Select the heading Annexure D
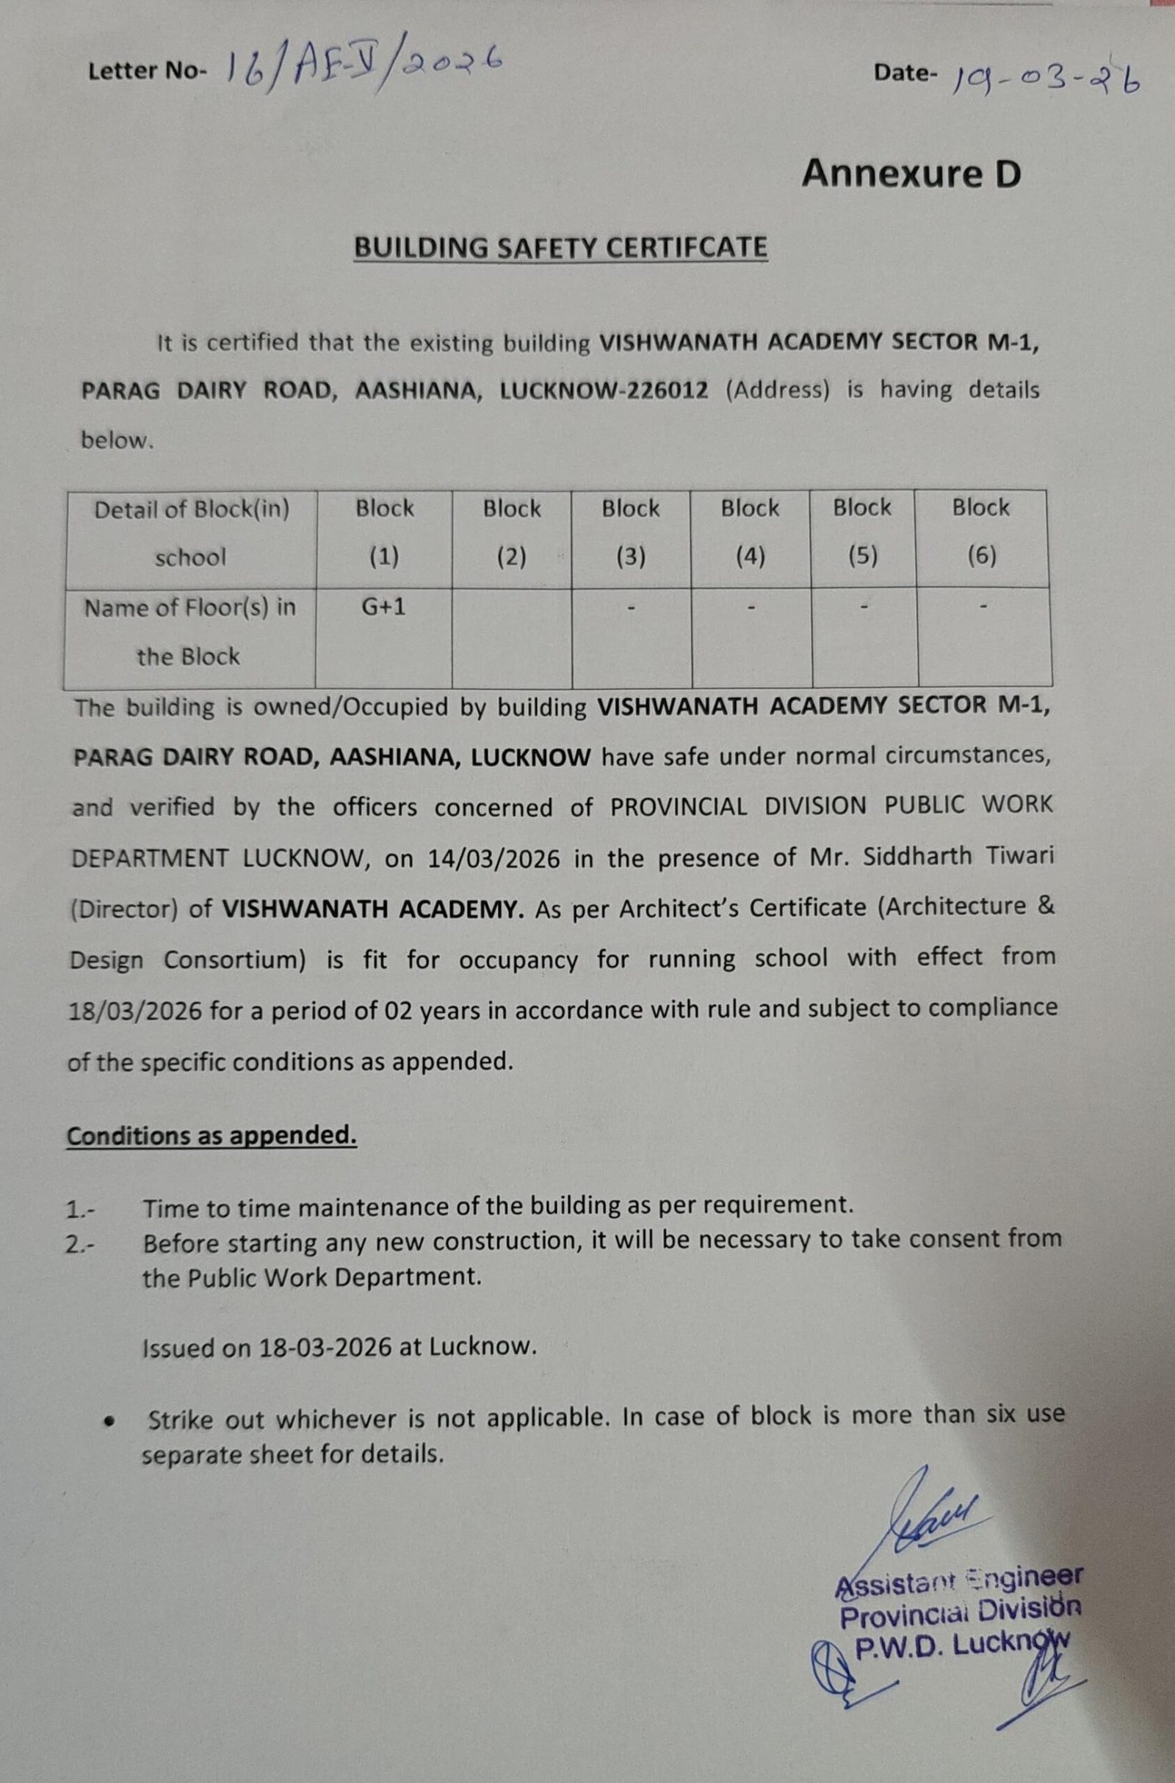[x=911, y=175]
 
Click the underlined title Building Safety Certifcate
[x=560, y=248]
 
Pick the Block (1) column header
[x=384, y=533]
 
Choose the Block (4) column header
[x=750, y=533]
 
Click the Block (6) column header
[x=981, y=532]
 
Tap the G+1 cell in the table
[x=383, y=607]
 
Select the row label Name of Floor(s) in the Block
[x=189, y=632]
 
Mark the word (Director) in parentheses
[x=123, y=909]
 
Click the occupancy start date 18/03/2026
[x=135, y=1012]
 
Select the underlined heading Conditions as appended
[x=211, y=1136]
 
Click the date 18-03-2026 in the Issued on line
[x=325, y=1348]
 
